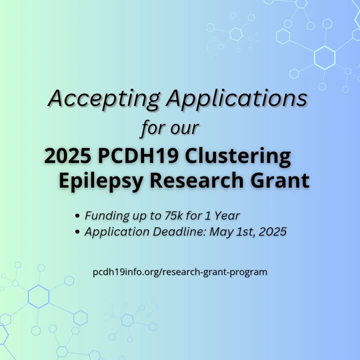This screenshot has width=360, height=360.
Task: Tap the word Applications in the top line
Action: coord(236,99)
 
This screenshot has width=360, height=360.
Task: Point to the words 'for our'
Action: coord(170,127)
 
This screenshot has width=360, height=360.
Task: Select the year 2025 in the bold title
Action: coord(67,156)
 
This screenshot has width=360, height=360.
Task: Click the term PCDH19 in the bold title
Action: coord(138,156)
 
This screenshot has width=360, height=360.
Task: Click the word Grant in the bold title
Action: coord(280,180)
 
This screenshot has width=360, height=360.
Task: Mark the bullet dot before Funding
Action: coord(77,216)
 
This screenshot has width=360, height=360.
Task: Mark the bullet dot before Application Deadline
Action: coord(77,232)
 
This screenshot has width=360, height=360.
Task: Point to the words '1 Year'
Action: coord(222,215)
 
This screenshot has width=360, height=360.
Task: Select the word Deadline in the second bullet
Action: coord(180,231)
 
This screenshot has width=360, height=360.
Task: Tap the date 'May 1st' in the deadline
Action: coord(232,232)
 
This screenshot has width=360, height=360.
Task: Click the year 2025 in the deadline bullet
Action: coord(272,231)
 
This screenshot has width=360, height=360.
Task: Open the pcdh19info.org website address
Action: coord(180,272)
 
